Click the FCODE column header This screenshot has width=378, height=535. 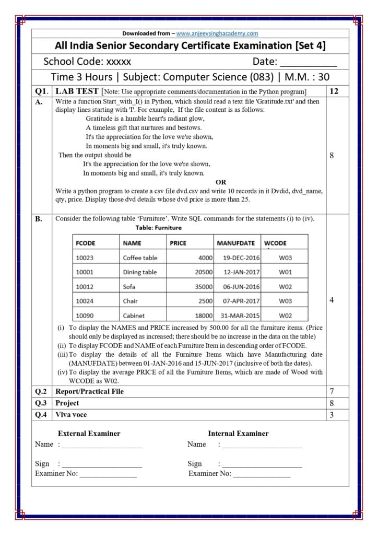point(86,243)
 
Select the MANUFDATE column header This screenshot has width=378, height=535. point(235,243)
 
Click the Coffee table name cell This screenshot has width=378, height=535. point(140,258)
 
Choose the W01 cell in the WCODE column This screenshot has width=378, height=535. point(285,272)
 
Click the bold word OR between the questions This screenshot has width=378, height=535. point(221,182)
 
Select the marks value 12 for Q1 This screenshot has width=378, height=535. point(334,91)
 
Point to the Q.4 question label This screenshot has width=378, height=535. point(42,414)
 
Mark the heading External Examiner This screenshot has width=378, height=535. point(89,433)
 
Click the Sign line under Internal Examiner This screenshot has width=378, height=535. point(261,464)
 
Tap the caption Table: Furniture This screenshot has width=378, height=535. point(159,228)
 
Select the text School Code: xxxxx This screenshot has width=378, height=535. point(87,62)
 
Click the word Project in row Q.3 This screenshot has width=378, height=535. point(67,403)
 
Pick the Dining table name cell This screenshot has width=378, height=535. point(140,272)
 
